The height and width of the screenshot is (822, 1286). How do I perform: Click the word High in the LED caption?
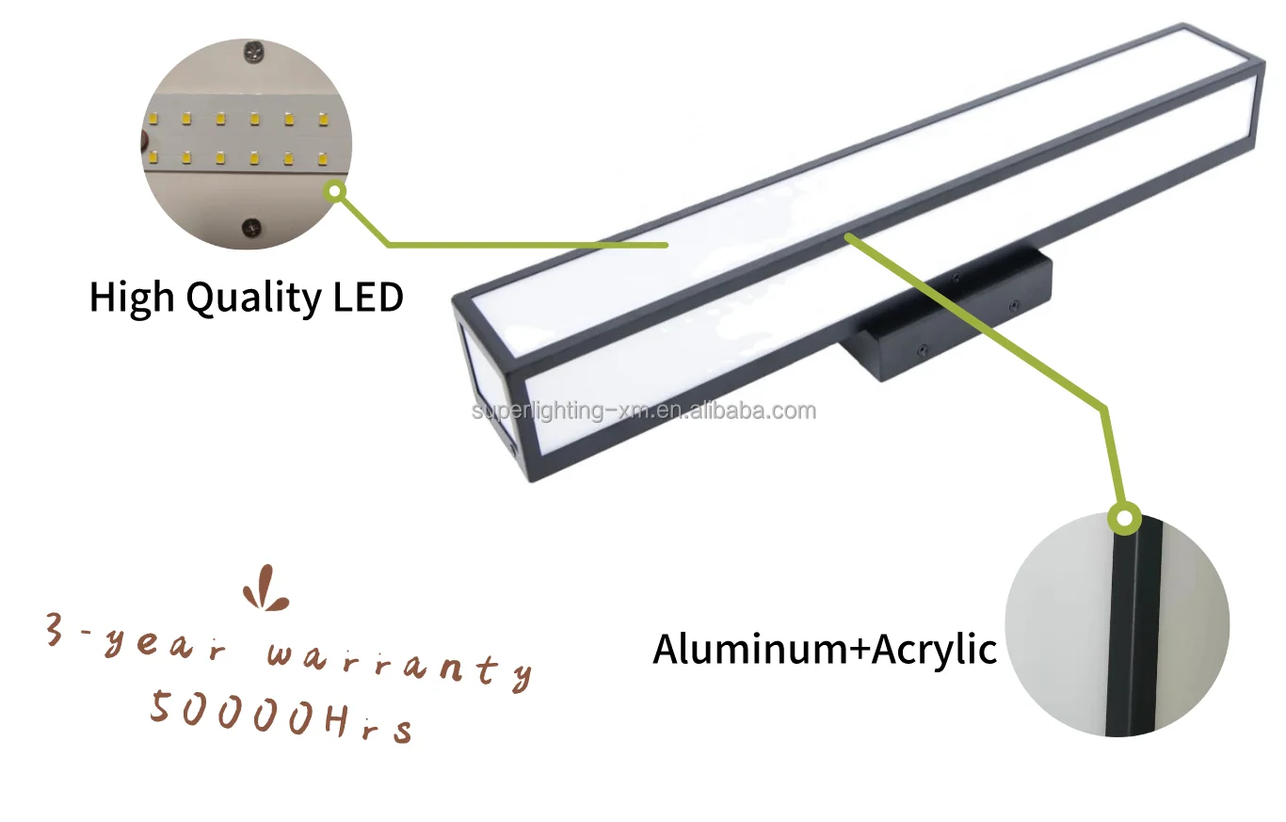(133, 297)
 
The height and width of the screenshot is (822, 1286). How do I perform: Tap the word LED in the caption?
(368, 297)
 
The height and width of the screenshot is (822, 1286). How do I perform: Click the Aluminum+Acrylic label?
(825, 650)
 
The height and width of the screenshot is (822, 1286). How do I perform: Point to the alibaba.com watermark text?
(643, 411)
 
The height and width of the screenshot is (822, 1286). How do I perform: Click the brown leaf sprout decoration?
(265, 589)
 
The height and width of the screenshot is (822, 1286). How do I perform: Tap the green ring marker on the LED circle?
(335, 192)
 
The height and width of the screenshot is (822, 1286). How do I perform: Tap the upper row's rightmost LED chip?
(323, 120)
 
